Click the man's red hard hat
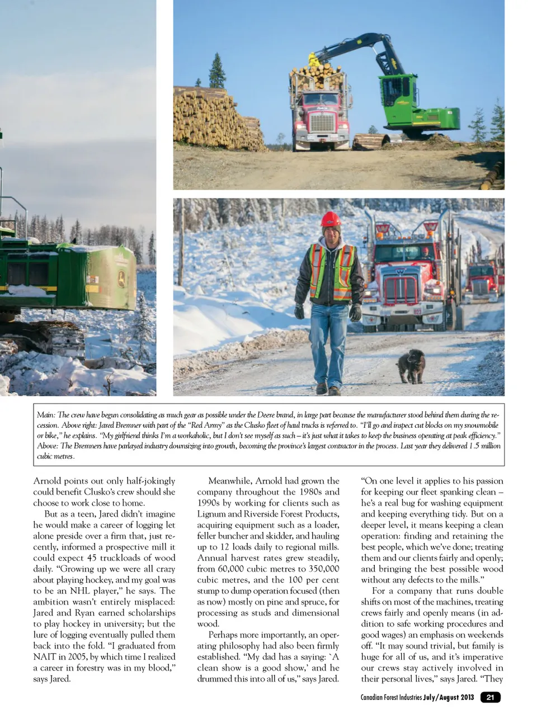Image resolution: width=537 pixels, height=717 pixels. click(331, 219)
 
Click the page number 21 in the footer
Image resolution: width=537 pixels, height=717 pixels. click(491, 697)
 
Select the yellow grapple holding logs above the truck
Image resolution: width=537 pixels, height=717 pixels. click(314, 59)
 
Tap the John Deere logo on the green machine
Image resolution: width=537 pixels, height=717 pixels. click(121, 278)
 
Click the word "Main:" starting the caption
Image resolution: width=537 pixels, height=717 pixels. click(46, 415)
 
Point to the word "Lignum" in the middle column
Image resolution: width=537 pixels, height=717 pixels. click(211, 514)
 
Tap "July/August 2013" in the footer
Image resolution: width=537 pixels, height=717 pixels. click(449, 697)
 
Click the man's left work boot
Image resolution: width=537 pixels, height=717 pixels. click(335, 390)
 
